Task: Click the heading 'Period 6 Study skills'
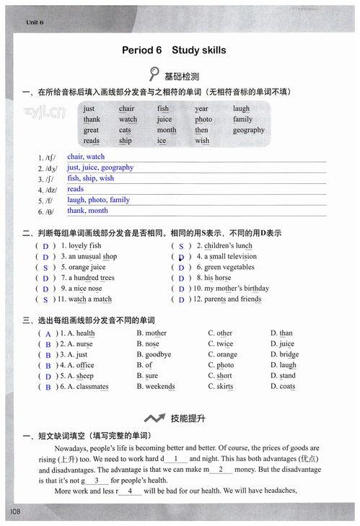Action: [174, 51]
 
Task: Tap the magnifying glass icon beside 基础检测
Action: [154, 74]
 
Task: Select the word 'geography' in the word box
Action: [248, 131]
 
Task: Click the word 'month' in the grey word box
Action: [167, 131]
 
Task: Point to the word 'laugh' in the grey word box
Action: [241, 109]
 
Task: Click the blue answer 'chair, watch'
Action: [86, 157]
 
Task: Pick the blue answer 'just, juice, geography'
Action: [100, 167]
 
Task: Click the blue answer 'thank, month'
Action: [87, 211]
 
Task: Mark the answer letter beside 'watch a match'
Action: [45, 299]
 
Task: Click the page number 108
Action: [16, 512]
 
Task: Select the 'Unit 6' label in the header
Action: [35, 22]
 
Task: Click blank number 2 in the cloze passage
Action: [220, 469]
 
